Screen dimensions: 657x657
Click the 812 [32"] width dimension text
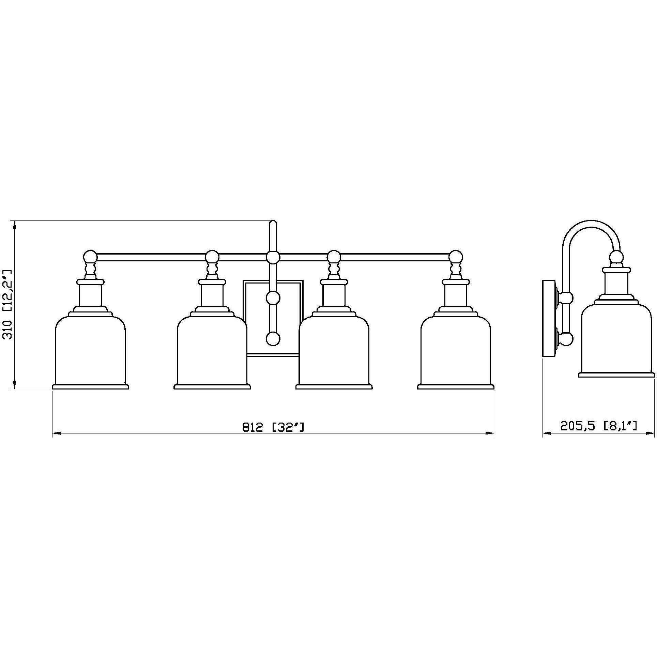273,427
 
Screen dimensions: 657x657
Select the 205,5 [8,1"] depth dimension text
599,426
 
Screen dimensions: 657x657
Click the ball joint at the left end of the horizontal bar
90,256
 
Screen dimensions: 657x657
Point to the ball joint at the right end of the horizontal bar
456,256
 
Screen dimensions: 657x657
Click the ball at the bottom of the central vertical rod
273,339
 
